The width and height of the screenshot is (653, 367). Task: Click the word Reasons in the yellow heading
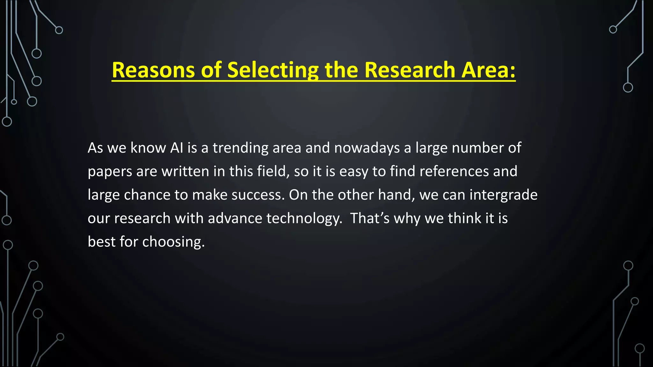153,70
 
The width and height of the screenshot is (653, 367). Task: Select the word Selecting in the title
273,70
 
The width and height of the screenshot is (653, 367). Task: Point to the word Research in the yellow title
410,70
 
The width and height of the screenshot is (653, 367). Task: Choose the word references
454,171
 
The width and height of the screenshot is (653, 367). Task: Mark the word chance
147,195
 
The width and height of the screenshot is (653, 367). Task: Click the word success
258,195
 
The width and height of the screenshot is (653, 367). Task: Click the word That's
370,219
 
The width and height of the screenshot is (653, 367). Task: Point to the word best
101,242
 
